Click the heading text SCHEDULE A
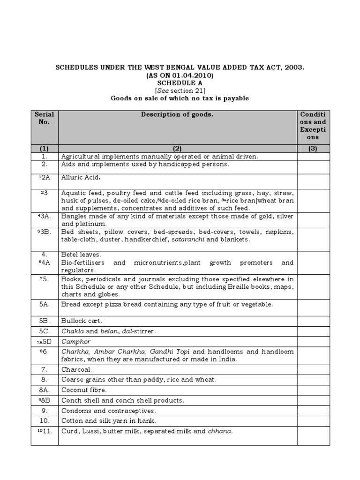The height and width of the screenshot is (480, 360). pyautogui.click(x=180, y=82)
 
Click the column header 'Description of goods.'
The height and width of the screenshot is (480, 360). pyautogui.click(x=177, y=114)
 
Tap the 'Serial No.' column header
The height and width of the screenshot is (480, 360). pyautogui.click(x=45, y=118)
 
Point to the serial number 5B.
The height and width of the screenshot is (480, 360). pyautogui.click(x=45, y=321)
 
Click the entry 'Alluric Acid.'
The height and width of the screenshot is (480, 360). pyautogui.click(x=82, y=178)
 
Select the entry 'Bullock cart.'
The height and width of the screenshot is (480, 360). pyautogui.click(x=82, y=321)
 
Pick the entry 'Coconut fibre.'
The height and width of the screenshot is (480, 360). pyautogui.click(x=84, y=390)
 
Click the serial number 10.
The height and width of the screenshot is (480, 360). pyautogui.click(x=45, y=420)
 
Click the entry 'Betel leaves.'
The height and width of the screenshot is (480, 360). pyautogui.click(x=81, y=255)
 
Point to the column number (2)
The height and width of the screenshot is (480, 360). pyautogui.click(x=177, y=148)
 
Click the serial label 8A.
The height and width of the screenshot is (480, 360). pyautogui.click(x=45, y=390)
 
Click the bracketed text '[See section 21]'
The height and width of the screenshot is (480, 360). pyautogui.click(x=180, y=90)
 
